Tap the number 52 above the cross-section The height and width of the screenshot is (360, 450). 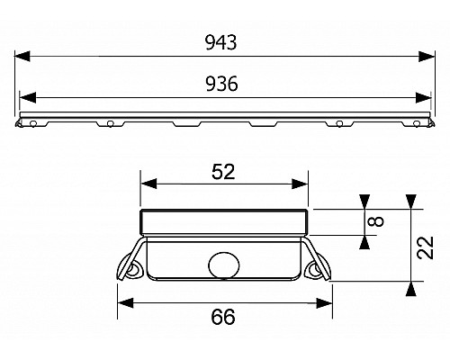pos(226,172)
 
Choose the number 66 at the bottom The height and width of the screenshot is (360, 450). pos(226,317)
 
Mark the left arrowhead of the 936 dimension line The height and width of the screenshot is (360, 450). pos(26,98)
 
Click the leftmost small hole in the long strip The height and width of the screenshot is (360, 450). pos(32,123)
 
